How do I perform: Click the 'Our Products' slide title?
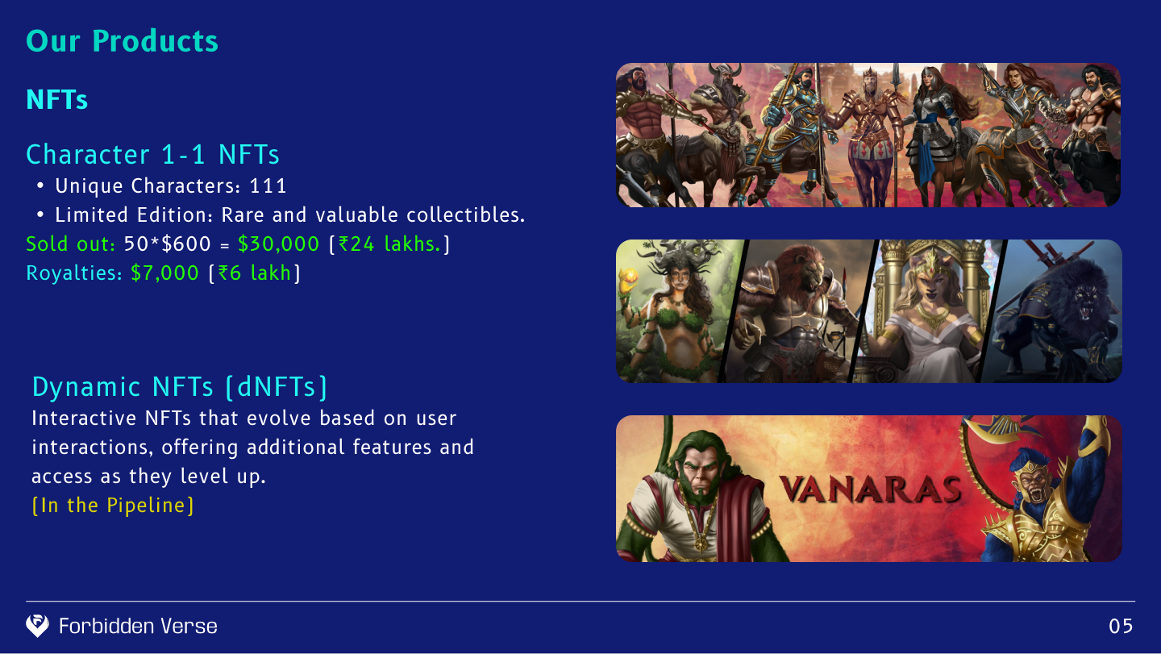tap(122, 41)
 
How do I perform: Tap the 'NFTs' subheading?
tap(57, 99)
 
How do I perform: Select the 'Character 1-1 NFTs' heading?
tap(153, 155)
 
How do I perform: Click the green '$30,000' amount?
tap(278, 244)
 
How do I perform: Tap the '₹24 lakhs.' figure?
tap(389, 244)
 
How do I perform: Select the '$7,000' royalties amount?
tap(164, 273)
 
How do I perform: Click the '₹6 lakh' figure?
tap(255, 273)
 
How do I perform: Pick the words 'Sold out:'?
tap(70, 244)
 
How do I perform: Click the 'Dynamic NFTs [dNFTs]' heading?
tap(179, 386)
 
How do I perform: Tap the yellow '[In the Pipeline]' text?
tap(113, 506)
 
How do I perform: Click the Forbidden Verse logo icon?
tap(37, 626)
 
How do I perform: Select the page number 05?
tap(1121, 627)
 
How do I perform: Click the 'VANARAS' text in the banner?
tap(871, 489)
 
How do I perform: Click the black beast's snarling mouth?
tap(1084, 311)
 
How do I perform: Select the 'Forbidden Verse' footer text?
tap(138, 626)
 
